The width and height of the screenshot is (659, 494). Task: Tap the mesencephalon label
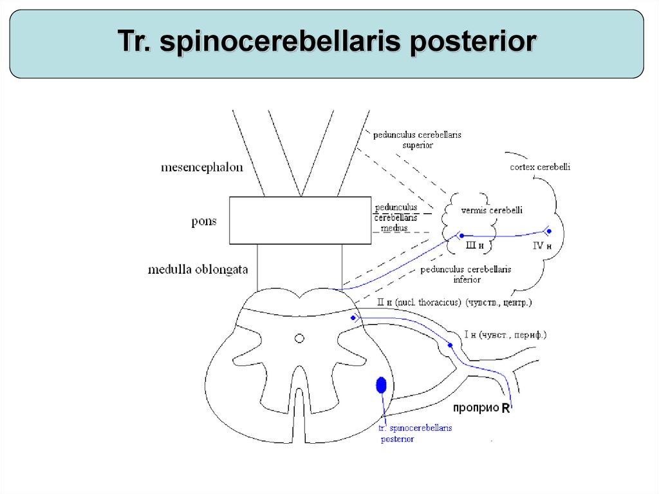201,167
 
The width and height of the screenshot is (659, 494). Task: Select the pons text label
204,222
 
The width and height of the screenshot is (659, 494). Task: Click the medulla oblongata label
198,269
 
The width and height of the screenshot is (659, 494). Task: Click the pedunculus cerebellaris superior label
417,140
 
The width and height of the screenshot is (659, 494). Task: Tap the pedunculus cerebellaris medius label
396,218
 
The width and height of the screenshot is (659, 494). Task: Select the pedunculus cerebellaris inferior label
466,274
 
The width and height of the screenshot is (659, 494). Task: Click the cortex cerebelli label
540,167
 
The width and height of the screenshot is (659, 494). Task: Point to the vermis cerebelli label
492,210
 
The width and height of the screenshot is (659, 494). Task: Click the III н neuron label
474,245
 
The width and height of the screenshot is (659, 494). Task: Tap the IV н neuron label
544,245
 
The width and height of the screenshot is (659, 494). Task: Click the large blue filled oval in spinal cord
381,385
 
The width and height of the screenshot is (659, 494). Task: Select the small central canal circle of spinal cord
299,337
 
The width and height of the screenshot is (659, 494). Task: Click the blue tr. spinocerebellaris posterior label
415,433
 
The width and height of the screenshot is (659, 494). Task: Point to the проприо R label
481,408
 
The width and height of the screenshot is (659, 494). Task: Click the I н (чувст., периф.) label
505,335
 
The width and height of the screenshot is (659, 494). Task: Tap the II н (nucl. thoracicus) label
454,302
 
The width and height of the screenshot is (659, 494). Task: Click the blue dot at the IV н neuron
549,231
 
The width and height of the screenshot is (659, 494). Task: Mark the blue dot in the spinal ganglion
450,345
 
